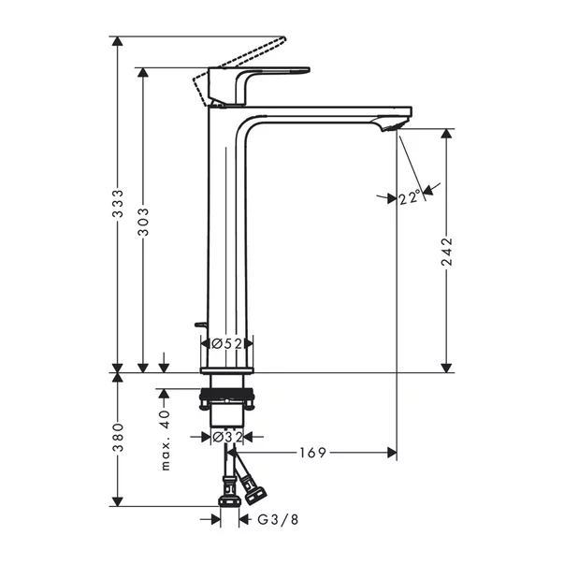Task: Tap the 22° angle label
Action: tap(408, 197)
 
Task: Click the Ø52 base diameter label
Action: tap(227, 344)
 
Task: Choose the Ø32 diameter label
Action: tap(226, 436)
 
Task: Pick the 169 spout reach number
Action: tap(312, 453)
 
